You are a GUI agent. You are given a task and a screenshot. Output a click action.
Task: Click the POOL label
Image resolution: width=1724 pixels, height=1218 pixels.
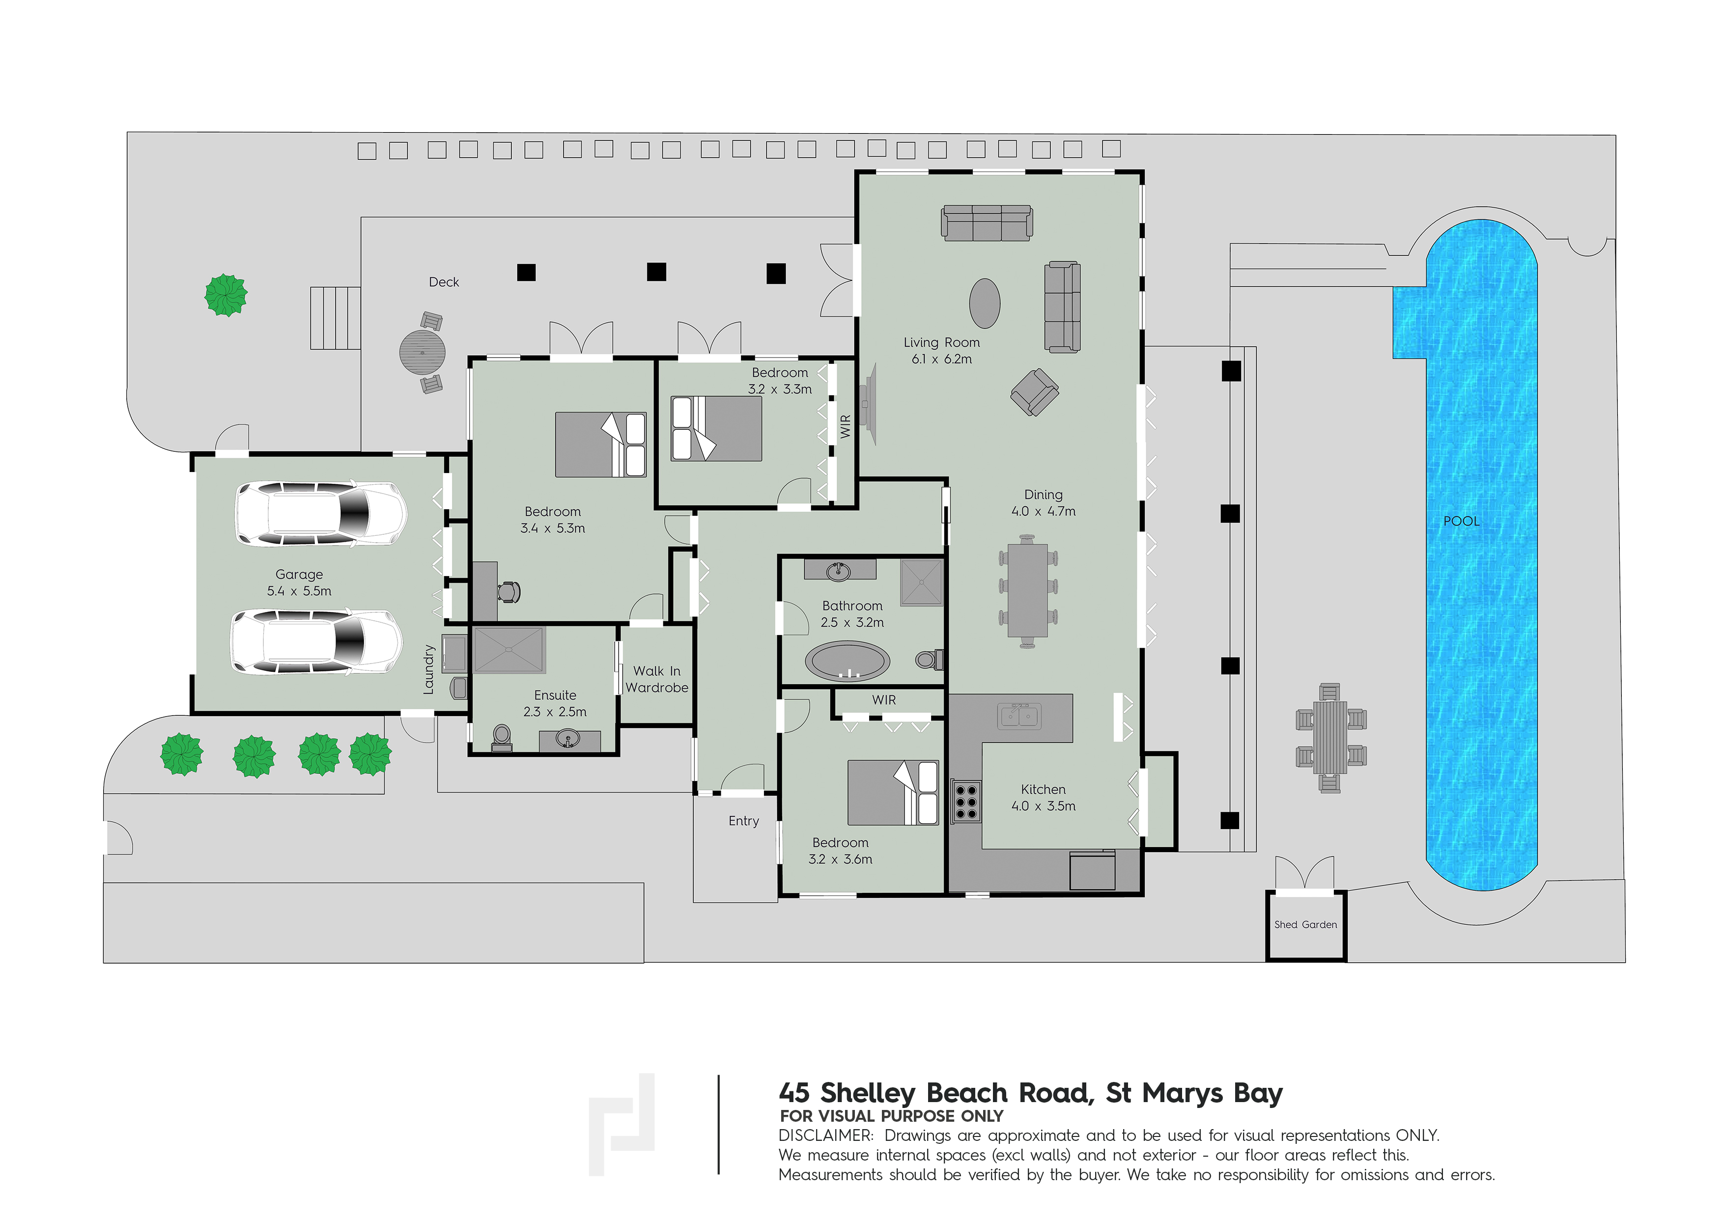pyautogui.click(x=1461, y=521)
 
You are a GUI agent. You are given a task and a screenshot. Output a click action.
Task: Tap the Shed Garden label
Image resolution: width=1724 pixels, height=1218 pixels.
pyautogui.click(x=1306, y=925)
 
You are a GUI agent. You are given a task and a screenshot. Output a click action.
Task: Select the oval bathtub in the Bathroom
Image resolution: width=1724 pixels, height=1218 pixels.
pyautogui.click(x=848, y=661)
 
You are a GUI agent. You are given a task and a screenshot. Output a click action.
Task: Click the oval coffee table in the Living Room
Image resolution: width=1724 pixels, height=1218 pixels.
pyautogui.click(x=985, y=303)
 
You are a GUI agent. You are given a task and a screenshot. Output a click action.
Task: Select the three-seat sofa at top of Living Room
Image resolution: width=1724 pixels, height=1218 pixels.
pyautogui.click(x=987, y=223)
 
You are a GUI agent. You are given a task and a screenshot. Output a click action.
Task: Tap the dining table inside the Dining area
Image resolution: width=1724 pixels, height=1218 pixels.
pyautogui.click(x=1028, y=590)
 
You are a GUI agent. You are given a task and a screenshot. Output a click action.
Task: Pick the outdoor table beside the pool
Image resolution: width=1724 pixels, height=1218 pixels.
pyautogui.click(x=1330, y=737)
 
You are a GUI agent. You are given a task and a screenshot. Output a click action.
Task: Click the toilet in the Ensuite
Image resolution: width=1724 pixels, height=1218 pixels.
pyautogui.click(x=502, y=737)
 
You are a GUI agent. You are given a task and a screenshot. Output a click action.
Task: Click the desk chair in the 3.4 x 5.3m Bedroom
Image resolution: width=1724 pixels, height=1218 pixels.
pyautogui.click(x=509, y=592)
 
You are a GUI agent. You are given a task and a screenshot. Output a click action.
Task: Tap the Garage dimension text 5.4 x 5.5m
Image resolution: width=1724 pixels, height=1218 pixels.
pyautogui.click(x=299, y=591)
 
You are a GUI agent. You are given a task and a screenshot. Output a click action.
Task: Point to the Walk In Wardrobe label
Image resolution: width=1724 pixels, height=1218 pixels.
pyautogui.click(x=656, y=679)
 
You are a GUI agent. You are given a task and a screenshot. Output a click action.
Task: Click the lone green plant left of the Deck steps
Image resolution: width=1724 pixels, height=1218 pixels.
pyautogui.click(x=226, y=295)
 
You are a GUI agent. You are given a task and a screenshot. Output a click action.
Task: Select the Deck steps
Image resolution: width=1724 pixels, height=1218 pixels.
pyautogui.click(x=336, y=318)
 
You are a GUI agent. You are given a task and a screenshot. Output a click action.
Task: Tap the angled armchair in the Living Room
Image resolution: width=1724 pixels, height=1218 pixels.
pyautogui.click(x=1035, y=392)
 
